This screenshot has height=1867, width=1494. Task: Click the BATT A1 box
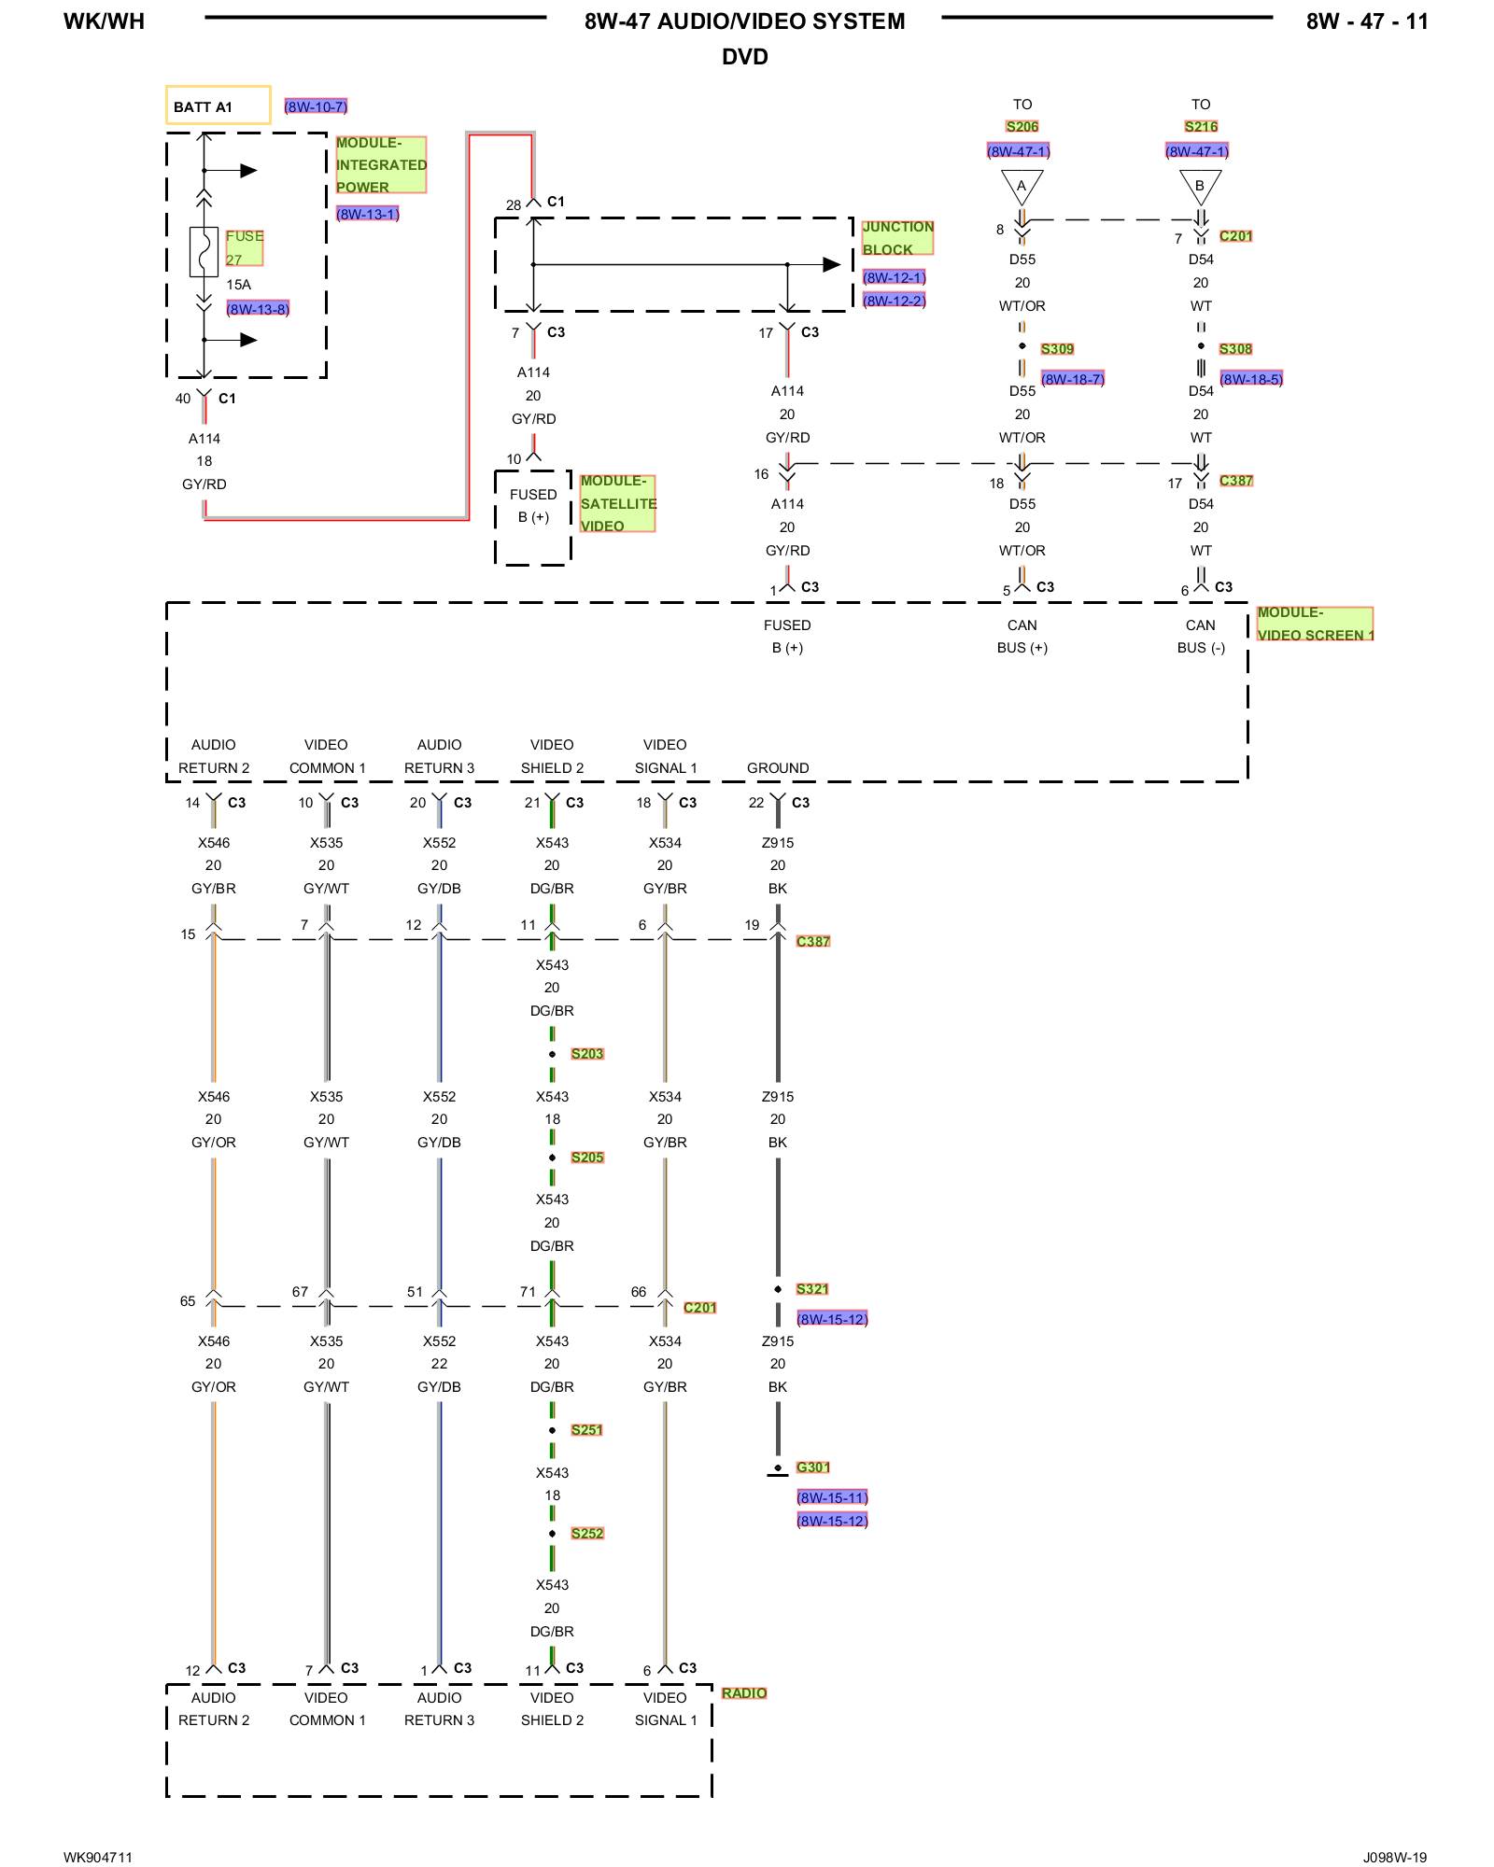[218, 105]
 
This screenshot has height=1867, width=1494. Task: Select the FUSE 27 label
[244, 248]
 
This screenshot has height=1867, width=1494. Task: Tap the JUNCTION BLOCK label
[897, 238]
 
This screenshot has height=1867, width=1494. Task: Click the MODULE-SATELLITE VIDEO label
[617, 504]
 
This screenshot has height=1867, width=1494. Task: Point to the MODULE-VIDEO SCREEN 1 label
[1315, 624]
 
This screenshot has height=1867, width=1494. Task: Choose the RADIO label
[743, 1693]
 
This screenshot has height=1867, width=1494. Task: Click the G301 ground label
[812, 1467]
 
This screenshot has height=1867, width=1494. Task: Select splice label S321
[812, 1289]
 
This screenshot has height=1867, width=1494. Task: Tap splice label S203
[587, 1054]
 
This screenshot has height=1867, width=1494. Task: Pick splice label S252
[587, 1533]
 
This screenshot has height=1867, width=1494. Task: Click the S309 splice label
[1057, 349]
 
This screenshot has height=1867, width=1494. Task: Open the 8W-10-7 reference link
[316, 106]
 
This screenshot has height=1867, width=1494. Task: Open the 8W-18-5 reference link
[1251, 379]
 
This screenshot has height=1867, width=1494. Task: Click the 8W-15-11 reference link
[832, 1497]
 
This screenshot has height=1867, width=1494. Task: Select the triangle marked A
[1022, 185]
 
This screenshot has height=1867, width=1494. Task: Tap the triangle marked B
[1200, 185]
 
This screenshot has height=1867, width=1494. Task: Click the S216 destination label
[1201, 127]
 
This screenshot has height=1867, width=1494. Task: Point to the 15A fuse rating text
[238, 285]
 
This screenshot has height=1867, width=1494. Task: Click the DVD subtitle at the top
[744, 57]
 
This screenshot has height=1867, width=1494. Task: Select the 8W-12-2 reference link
[894, 301]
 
